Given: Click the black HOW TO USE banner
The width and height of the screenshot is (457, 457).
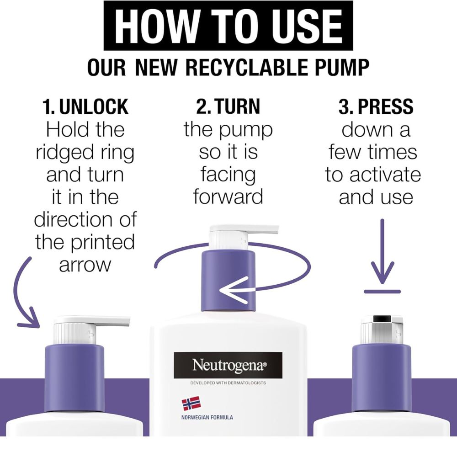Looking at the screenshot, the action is pos(228,26).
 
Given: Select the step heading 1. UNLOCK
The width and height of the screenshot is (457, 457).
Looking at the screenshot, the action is pos(85,106).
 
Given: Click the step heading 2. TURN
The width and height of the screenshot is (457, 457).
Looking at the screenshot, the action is pos(228,106).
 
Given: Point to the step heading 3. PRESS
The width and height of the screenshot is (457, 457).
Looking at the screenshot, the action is pos(376,106).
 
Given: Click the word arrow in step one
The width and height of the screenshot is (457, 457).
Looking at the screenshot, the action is pos(85,265).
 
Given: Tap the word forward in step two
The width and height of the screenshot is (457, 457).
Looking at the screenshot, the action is pos(228,197).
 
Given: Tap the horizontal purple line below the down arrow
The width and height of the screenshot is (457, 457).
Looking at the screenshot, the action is pos(382,292).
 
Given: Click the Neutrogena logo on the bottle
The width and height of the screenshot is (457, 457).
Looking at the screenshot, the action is pos(228,365).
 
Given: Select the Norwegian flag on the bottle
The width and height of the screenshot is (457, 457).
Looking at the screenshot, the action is pos(191,404).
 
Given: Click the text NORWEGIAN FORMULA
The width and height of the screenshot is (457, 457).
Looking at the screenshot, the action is pos(207,417).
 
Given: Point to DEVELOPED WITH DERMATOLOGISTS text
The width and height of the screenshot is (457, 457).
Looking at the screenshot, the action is pos(228,383).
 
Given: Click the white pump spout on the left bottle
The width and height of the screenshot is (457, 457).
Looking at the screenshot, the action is pos(92,321).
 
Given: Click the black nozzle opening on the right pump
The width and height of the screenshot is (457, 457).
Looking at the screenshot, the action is pos(382,319).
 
